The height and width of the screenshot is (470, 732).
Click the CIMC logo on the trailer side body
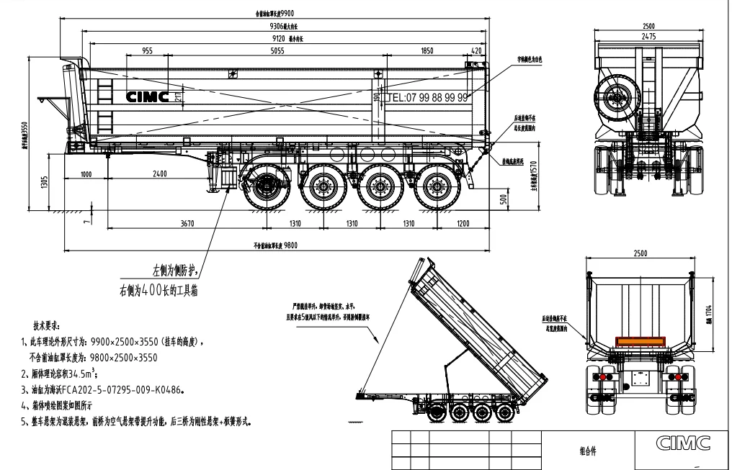tap(148, 97)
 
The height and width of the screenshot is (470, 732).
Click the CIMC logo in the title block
tap(681, 441)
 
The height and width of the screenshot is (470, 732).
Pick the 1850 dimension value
tap(427, 52)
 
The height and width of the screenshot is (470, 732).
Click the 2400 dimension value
tap(159, 173)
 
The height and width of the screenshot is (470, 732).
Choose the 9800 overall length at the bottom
tap(290, 245)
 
